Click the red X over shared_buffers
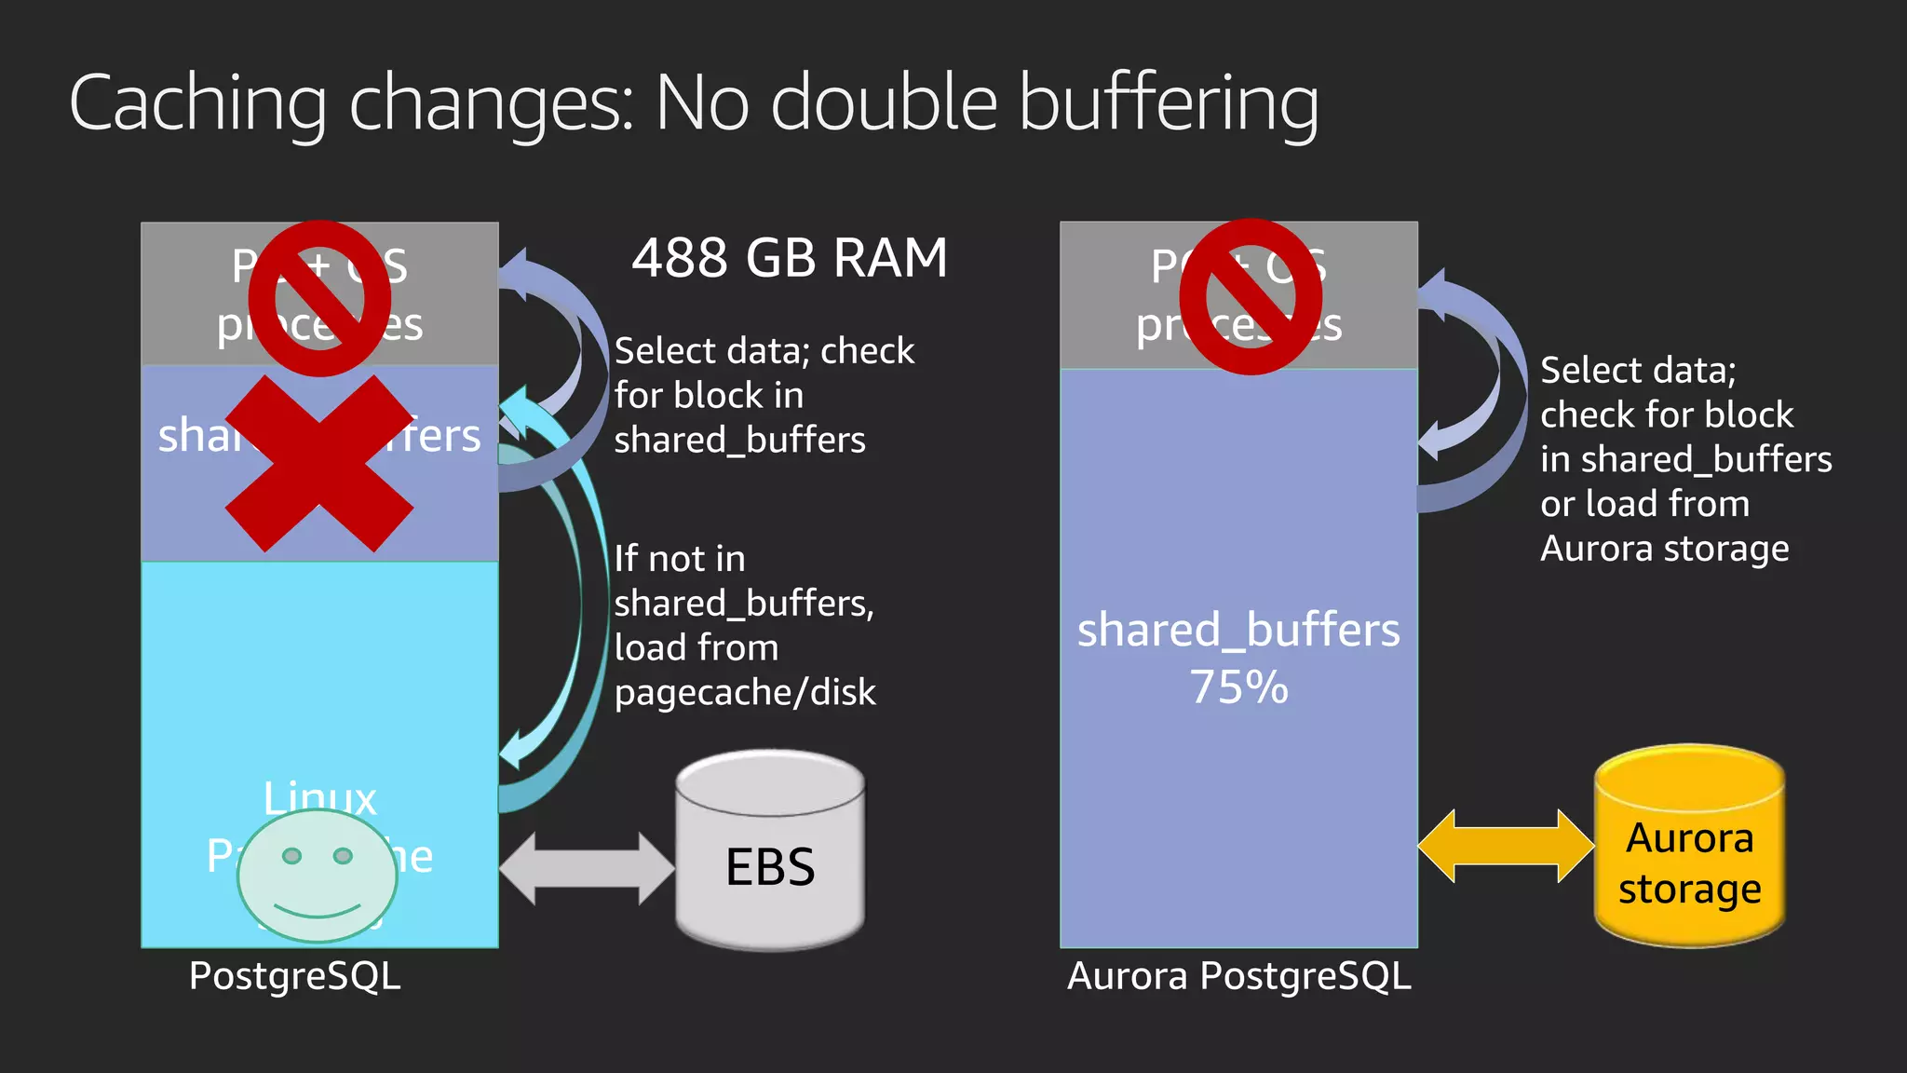pos(319,463)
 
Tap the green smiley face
pos(317,876)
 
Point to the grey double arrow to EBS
pos(587,868)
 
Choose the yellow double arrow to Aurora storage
pos(1506,846)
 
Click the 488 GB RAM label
pos(790,258)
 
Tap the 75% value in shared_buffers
pos(1238,687)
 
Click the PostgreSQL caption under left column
pos(294,976)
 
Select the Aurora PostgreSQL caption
pos(1238,976)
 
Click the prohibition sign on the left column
pos(319,298)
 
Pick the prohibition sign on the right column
pos(1251,297)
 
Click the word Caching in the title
pos(197,104)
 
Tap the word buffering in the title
pos(1169,104)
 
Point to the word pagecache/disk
pos(745,692)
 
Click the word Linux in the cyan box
pos(319,797)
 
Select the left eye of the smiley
pos(291,855)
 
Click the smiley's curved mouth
pos(317,910)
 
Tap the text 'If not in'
pos(680,559)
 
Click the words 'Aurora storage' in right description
pos(1664,549)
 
